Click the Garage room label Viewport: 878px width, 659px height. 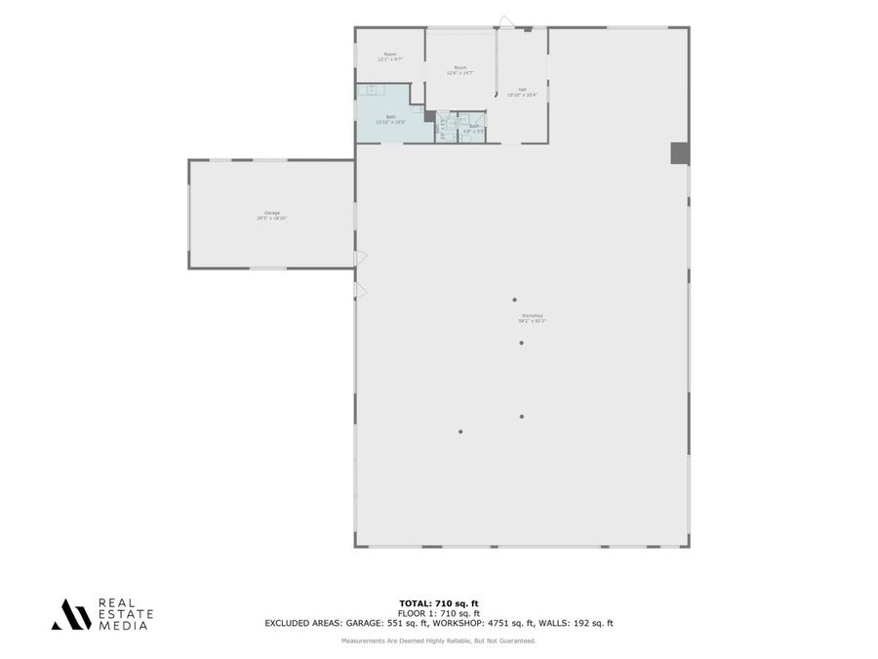click(x=271, y=215)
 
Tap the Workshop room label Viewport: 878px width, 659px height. click(x=533, y=318)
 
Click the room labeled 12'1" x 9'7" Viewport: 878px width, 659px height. click(x=390, y=57)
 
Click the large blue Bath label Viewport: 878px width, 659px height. click(x=392, y=119)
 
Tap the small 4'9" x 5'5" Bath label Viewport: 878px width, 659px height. click(x=474, y=128)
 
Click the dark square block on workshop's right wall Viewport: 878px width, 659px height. click(x=680, y=153)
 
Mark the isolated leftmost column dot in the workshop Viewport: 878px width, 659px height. click(x=460, y=432)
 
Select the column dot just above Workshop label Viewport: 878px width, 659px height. click(x=515, y=300)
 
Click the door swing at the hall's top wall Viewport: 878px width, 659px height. click(x=505, y=21)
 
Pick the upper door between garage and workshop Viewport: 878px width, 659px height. click(x=360, y=258)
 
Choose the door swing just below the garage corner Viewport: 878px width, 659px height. click(x=360, y=290)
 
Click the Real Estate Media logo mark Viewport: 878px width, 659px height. click(x=71, y=614)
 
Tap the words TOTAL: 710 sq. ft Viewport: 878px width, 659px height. click(x=439, y=603)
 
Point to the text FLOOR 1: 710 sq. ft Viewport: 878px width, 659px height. click(x=439, y=613)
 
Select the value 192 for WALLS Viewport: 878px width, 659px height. click(x=583, y=623)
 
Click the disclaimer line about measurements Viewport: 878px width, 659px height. click(x=439, y=640)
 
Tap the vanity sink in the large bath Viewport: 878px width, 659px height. click(x=372, y=89)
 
